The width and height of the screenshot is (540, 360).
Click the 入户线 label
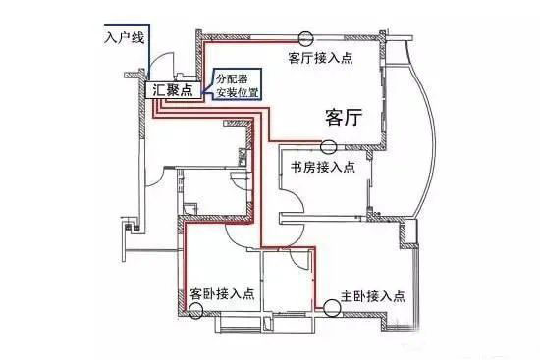coord(123,39)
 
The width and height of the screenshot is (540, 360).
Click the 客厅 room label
coord(346,118)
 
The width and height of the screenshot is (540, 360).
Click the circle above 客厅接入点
coord(307,40)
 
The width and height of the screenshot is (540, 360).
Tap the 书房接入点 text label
coord(323,167)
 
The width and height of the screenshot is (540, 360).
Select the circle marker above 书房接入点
coord(328,147)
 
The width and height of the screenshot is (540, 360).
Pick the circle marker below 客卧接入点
coord(196,312)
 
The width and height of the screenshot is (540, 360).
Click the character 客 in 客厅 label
coord(334,118)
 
